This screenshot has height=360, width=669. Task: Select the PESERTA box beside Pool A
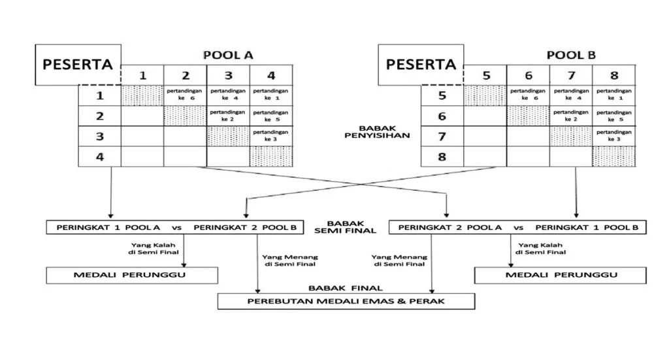pos(78,65)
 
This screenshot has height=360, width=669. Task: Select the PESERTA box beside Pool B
pos(421,65)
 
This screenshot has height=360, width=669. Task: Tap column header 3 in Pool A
pos(228,75)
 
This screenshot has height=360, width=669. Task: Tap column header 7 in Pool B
pos(570,75)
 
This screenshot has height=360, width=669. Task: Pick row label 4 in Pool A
pos(99,157)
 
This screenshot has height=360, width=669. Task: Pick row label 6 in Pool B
pos(442,116)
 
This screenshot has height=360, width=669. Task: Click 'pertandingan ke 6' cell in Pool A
pos(185,95)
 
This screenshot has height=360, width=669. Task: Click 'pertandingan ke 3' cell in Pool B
pos(613,136)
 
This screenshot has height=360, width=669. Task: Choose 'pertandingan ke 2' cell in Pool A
pos(228,116)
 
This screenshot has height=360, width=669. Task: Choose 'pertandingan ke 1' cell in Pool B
pos(613,95)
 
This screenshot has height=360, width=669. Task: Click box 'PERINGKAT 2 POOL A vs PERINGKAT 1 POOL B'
pos(517,227)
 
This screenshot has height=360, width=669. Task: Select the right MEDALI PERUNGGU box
pos(561,275)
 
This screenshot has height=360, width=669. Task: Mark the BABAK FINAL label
pos(346,287)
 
